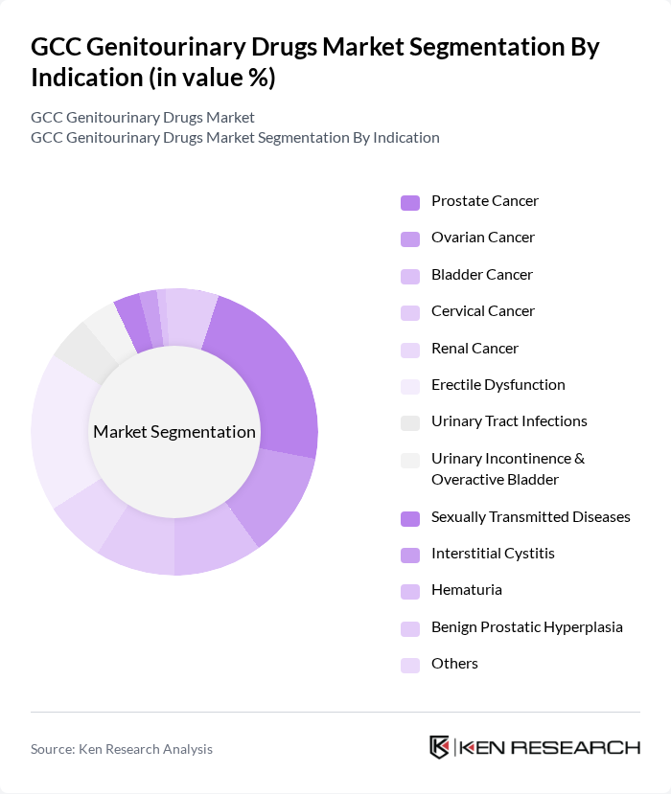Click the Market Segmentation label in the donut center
174,432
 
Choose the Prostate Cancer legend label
484,201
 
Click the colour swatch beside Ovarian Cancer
409,238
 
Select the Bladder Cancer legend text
481,275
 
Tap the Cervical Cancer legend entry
482,311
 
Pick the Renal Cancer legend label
474,349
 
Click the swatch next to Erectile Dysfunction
409,386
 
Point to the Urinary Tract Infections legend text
509,421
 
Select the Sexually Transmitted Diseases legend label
530,517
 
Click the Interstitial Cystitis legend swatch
409,555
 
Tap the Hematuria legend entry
466,590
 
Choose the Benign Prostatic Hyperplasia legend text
526,627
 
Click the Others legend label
454,664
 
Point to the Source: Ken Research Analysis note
122,749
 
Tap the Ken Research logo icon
440,748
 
